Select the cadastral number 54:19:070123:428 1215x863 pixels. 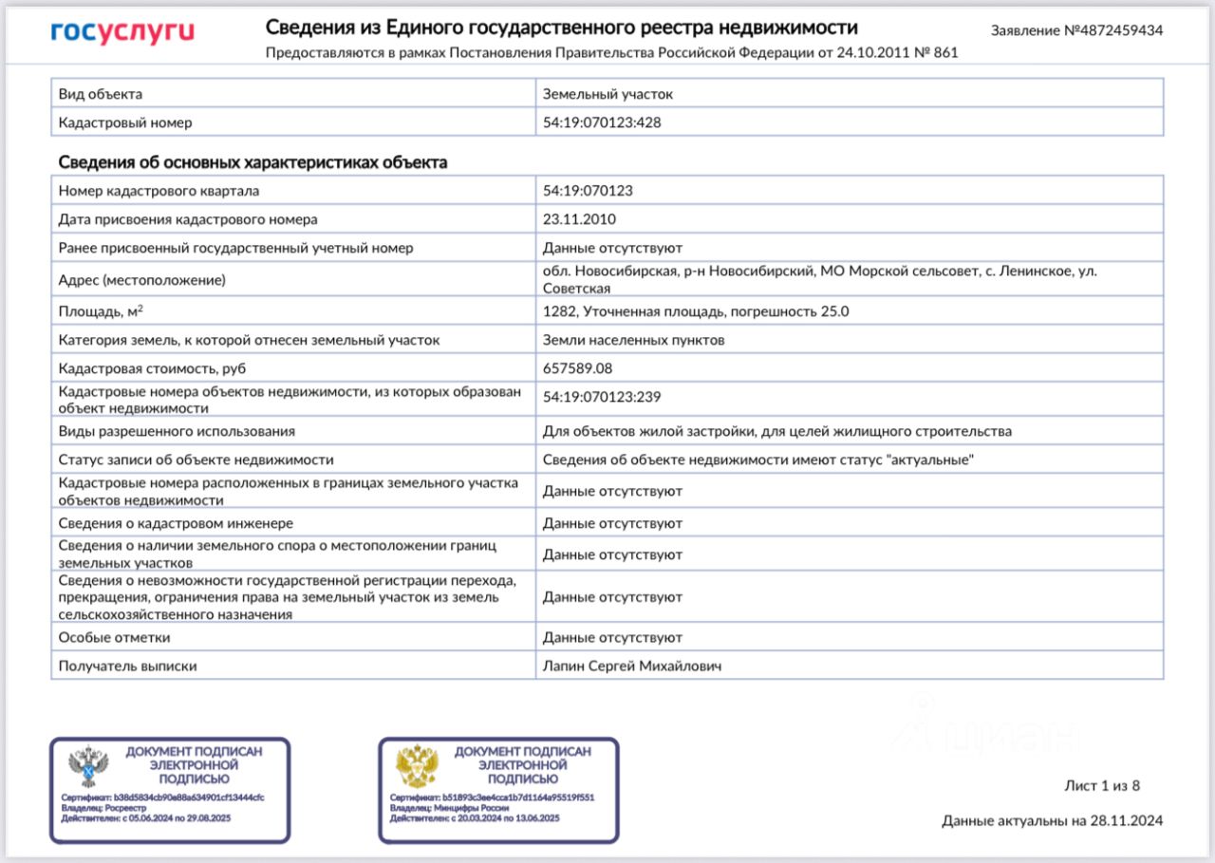[x=602, y=122]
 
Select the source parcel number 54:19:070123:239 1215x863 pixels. [x=602, y=397]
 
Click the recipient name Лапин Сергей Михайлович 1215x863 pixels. [x=632, y=666]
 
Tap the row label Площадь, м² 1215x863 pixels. [x=101, y=310]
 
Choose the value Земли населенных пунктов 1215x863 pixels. [x=633, y=340]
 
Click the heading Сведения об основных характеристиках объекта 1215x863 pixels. [x=252, y=162]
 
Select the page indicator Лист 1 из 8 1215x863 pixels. [x=1102, y=786]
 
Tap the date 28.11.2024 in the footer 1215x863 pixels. [x=1126, y=821]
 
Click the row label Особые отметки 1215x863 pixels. [x=114, y=638]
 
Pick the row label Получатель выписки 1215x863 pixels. [x=127, y=666]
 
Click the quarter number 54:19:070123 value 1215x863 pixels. [x=588, y=191]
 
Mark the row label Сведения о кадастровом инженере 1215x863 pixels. [x=176, y=523]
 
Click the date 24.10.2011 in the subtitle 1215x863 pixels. [x=872, y=53]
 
